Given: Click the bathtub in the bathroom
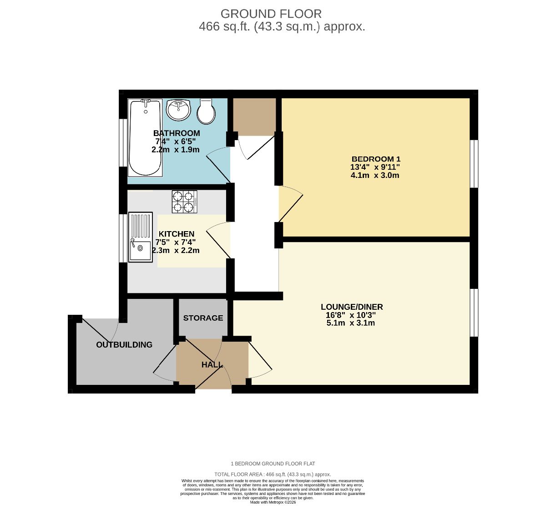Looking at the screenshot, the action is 145,137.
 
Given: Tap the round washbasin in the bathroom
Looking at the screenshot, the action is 178,110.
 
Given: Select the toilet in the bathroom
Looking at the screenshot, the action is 206,111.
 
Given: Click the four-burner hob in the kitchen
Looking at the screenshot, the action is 184,201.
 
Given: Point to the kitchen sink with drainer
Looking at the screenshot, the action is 140,237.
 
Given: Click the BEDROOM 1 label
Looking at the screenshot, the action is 376,159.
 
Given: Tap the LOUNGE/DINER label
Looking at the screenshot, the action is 352,307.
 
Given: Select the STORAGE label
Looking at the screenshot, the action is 203,318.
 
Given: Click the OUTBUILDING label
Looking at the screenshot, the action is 124,344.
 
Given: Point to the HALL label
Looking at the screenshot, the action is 212,364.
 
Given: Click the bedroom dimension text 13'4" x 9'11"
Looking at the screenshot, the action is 375,167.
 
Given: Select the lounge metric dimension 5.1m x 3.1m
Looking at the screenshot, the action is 351,323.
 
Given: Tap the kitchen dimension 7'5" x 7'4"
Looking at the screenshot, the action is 176,242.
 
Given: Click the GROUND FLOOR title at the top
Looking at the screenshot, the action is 271,14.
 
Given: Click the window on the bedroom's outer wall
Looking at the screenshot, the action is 474,164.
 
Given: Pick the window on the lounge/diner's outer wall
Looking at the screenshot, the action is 474,313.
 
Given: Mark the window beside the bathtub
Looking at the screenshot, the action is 123,143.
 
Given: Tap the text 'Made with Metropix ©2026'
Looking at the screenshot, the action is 273,502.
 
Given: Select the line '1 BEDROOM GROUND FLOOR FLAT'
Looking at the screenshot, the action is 273,464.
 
